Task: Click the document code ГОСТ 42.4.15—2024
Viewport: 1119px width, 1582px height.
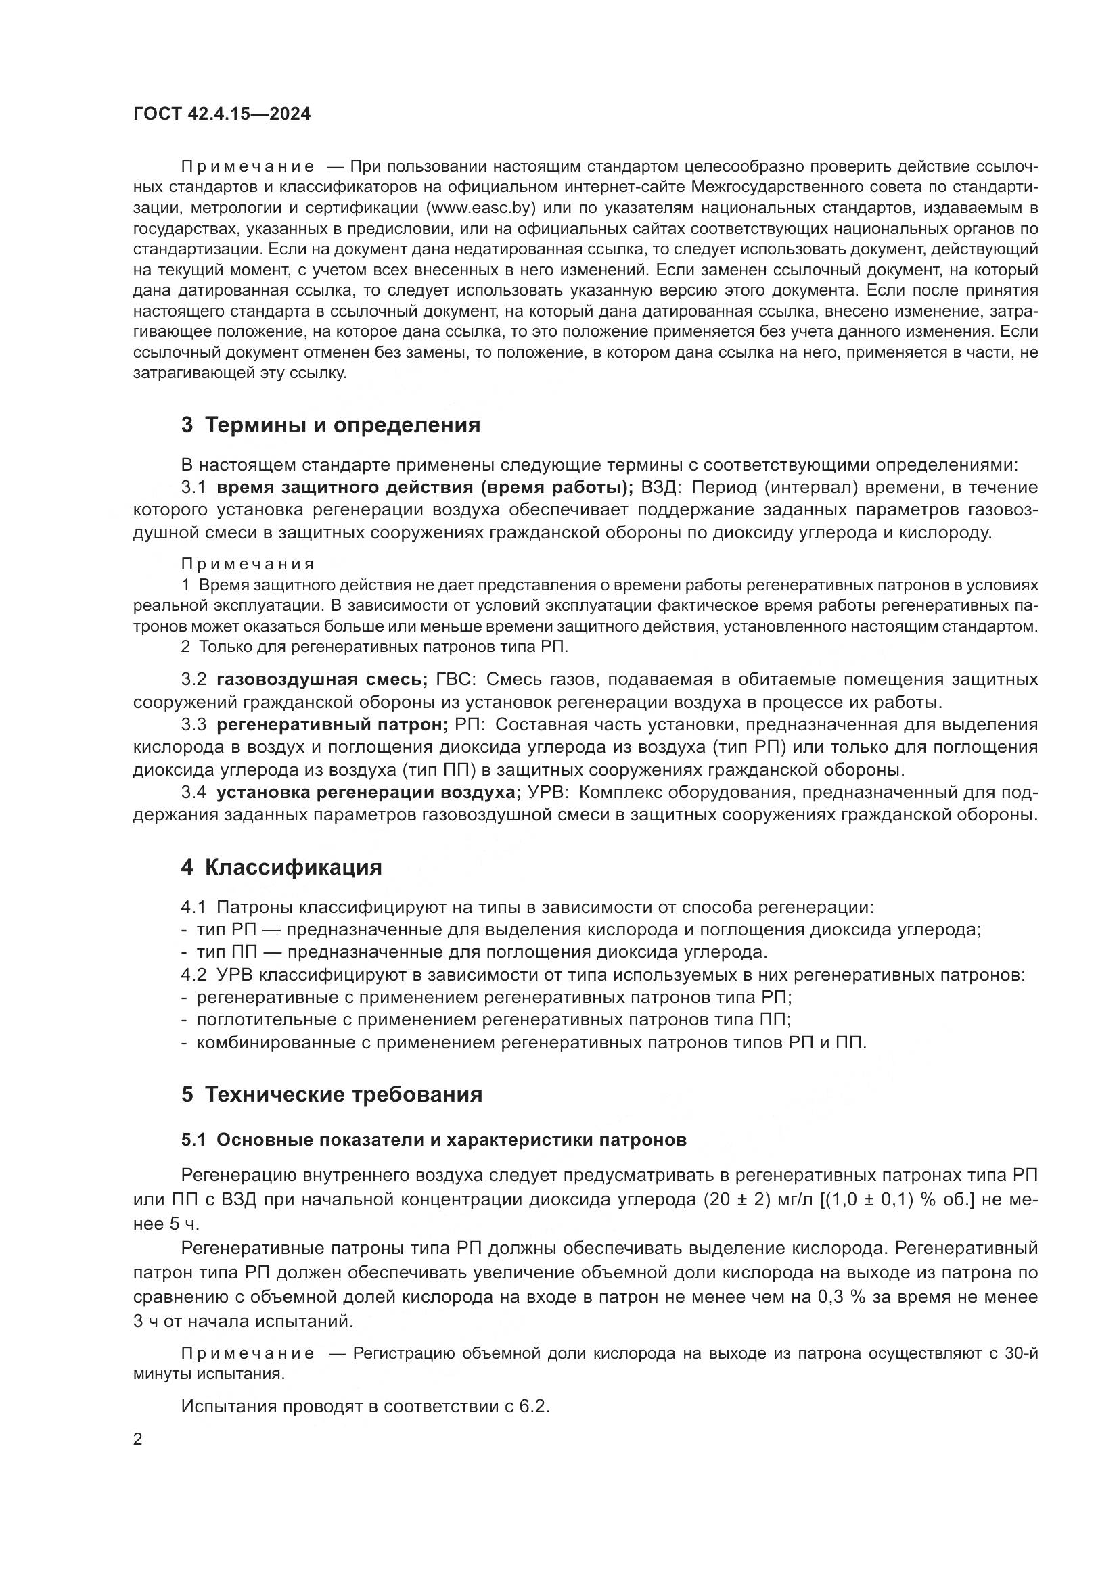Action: (x=222, y=114)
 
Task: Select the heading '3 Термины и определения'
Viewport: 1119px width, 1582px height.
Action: (x=331, y=425)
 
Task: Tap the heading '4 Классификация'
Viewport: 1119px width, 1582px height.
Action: (x=281, y=867)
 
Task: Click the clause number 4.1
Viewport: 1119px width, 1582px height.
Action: (x=193, y=908)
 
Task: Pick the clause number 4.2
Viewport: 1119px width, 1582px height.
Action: (x=193, y=975)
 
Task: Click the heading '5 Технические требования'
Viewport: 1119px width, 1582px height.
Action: (x=332, y=1094)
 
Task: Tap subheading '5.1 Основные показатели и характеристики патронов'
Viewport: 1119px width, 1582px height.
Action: (x=434, y=1140)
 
